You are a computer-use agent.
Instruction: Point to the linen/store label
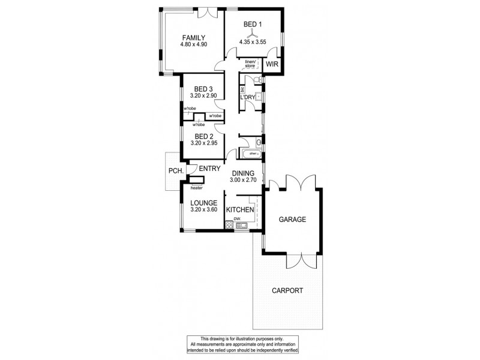[250, 64]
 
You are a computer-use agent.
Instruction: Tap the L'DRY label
[247, 97]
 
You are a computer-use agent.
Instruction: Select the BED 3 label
[203, 88]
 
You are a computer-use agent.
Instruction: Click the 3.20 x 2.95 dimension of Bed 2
[203, 143]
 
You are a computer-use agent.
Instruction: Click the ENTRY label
[209, 169]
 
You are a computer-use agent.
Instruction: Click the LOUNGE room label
[203, 203]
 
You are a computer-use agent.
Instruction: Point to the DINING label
[243, 172]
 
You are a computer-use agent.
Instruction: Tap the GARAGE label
[292, 220]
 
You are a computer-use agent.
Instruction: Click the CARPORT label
[286, 290]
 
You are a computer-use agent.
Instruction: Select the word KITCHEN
[239, 210]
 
